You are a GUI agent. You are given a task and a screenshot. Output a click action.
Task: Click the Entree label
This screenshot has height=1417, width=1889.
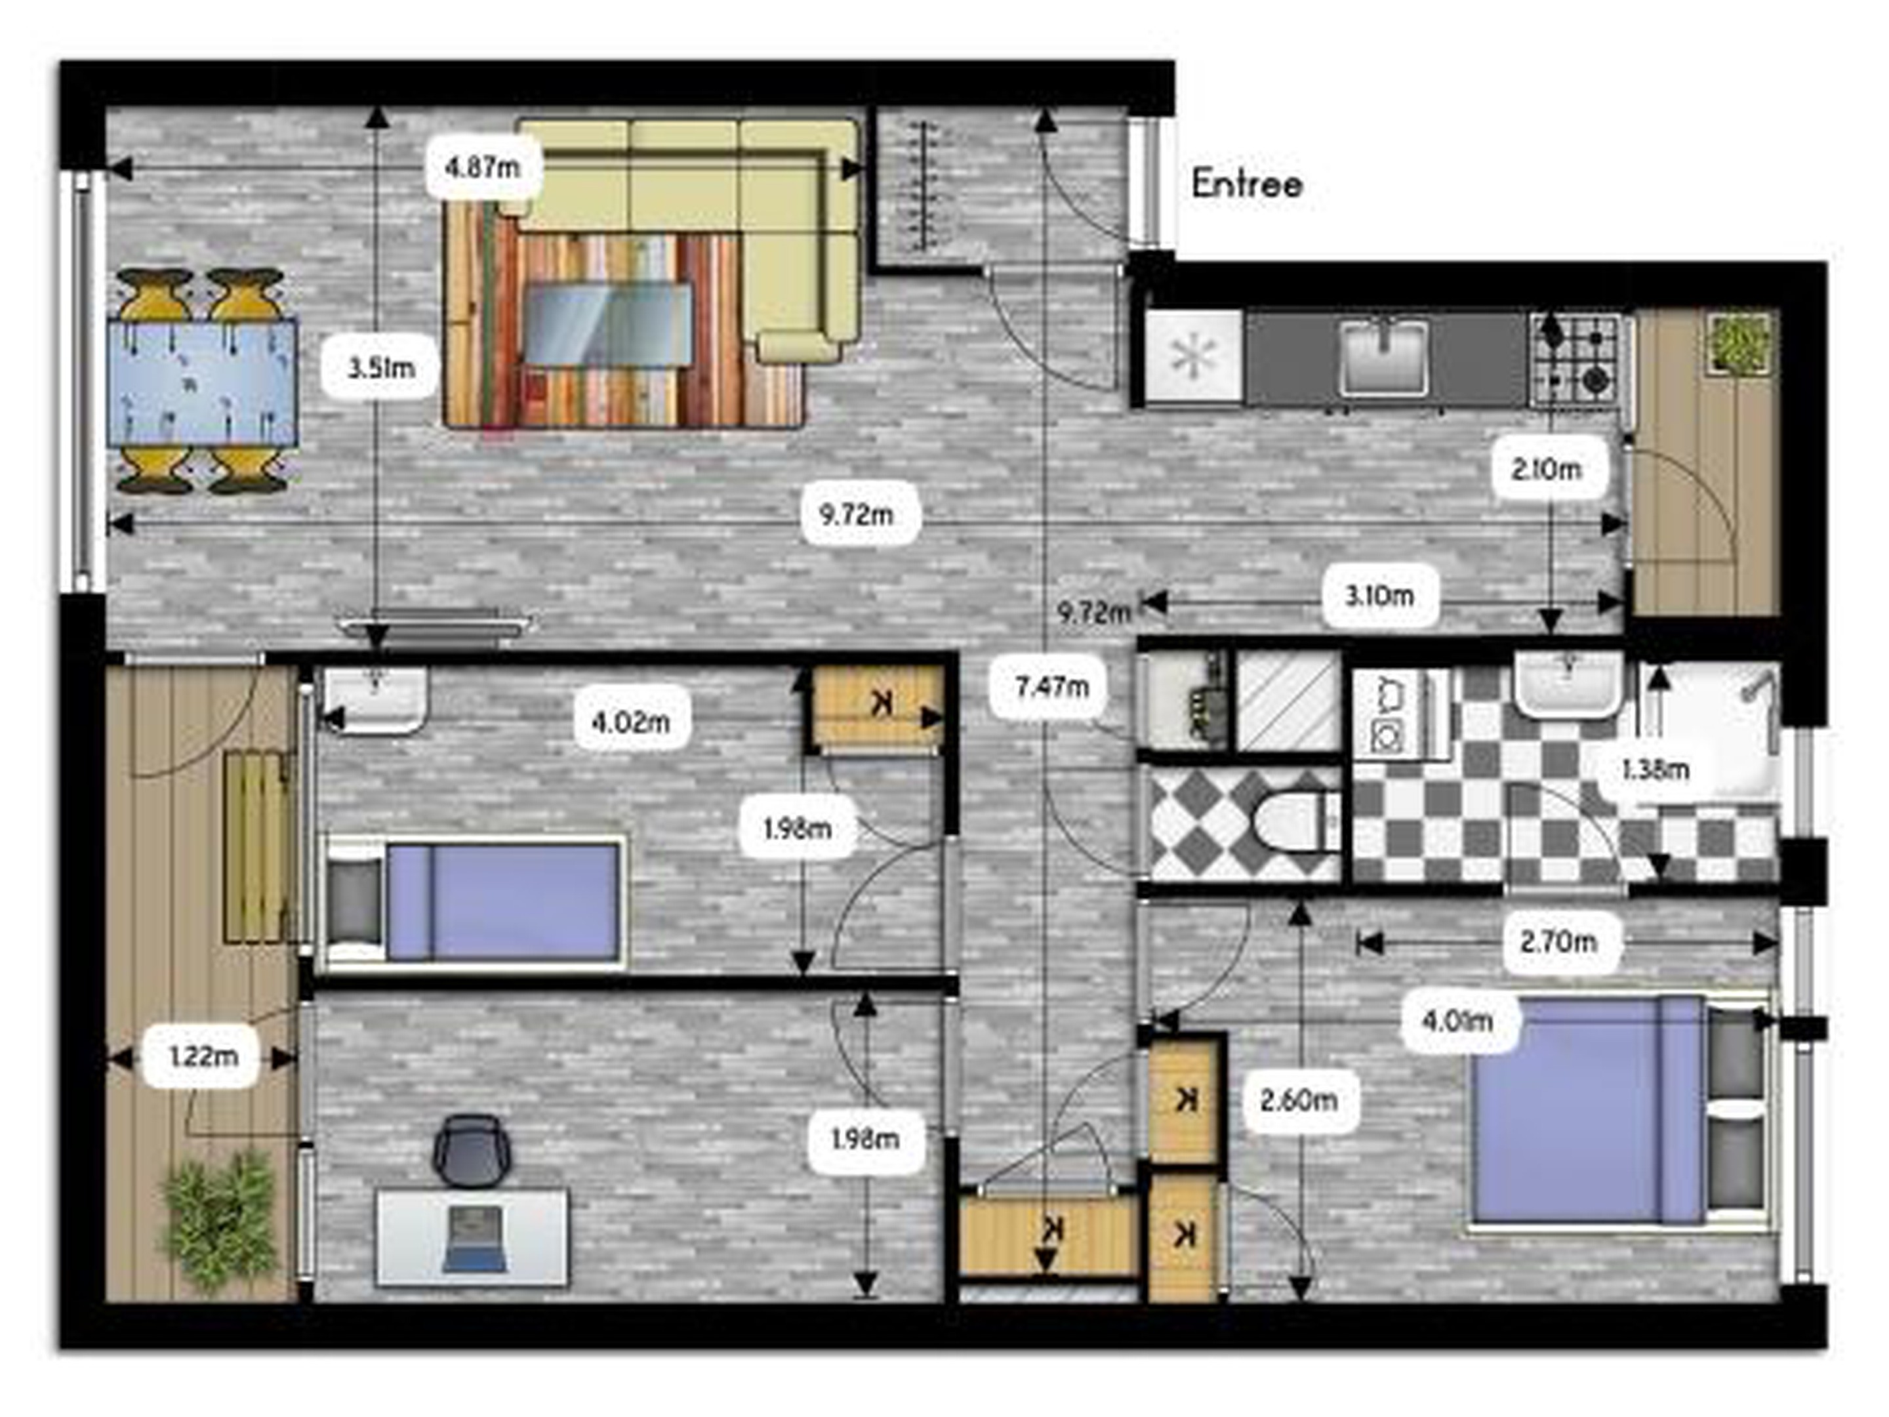[1247, 184]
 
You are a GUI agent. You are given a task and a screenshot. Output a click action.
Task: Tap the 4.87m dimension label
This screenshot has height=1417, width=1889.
[483, 167]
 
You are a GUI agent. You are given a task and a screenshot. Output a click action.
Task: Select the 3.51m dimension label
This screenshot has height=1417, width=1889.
[381, 368]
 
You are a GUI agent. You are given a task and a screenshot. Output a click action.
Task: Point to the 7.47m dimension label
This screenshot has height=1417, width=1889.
[1051, 686]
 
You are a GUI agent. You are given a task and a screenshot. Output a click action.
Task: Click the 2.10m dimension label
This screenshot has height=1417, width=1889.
[1547, 469]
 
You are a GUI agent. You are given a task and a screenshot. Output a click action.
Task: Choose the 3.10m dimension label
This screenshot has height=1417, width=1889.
[1379, 595]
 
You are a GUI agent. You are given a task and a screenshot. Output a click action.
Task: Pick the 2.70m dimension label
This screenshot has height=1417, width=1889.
[1558, 942]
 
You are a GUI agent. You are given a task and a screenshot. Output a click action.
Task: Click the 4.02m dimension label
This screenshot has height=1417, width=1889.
[631, 722]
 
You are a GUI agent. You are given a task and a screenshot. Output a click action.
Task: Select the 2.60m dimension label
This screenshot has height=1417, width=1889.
[1298, 1100]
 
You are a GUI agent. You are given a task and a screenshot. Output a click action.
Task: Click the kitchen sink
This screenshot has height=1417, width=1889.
[1385, 357]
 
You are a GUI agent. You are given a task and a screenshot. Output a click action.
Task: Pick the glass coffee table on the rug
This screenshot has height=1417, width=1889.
[607, 325]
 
